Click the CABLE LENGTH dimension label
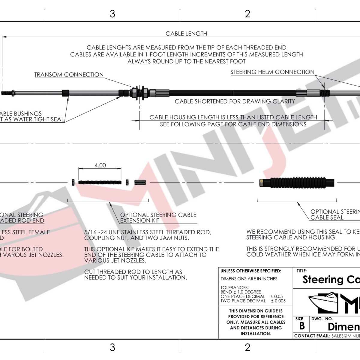click(186, 34)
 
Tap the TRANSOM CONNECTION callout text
click(69, 75)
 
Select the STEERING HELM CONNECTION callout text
click(272, 72)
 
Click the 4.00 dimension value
click(100, 165)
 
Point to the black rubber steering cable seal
click(297, 182)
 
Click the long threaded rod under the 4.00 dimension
click(100, 182)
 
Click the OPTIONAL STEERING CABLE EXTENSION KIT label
click(158, 218)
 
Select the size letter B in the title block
click(302, 326)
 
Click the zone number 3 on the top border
click(112, 14)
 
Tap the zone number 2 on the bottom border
click(247, 347)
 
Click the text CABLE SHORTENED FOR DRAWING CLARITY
click(235, 101)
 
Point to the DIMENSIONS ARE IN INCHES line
click(249, 279)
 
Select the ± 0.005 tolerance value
click(278, 301)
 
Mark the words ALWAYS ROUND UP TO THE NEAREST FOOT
click(186, 61)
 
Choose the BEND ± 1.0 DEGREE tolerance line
click(241, 292)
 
